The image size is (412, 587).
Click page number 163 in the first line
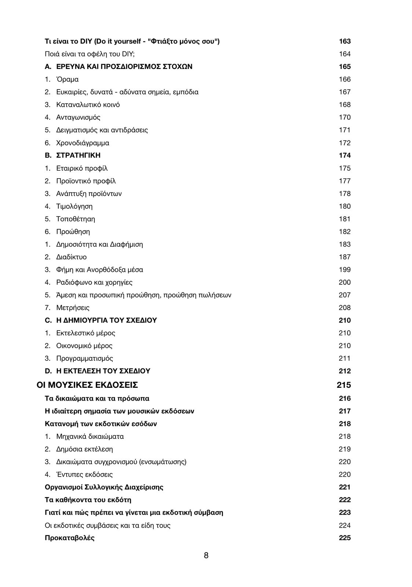(x=344, y=41)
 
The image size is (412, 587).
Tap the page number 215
(x=344, y=385)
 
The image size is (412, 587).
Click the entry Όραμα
(x=67, y=79)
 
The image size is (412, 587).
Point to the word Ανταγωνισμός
(x=78, y=117)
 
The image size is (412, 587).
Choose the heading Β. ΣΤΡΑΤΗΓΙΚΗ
(x=73, y=156)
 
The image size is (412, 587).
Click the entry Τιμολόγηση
(x=74, y=206)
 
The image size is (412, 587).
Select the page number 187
(x=344, y=257)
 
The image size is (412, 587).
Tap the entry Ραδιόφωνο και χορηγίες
(x=94, y=282)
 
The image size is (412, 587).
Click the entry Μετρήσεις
(x=73, y=308)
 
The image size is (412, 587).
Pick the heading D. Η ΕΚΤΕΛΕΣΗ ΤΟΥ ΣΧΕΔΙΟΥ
(x=98, y=371)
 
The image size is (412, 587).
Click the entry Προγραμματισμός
(x=84, y=358)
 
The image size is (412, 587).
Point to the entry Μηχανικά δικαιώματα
(x=90, y=437)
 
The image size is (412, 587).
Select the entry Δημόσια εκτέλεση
(x=84, y=449)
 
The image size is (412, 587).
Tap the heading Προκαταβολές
(x=70, y=538)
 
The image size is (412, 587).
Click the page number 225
(x=344, y=538)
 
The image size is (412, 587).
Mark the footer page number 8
(x=206, y=555)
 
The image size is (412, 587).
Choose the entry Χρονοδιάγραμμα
(x=83, y=143)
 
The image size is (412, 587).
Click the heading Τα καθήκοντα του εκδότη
(x=88, y=500)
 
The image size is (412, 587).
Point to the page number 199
(x=344, y=270)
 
